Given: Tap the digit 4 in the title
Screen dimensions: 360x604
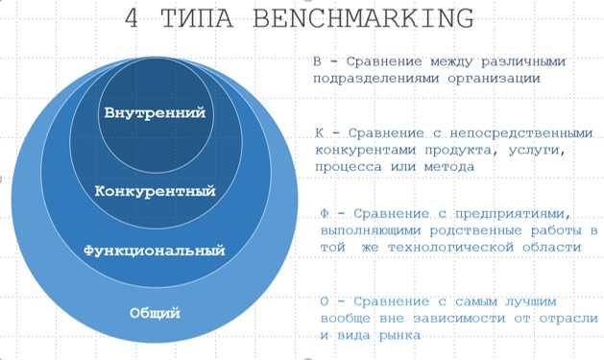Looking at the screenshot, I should (x=137, y=19).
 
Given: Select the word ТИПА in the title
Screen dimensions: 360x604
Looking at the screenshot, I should (x=199, y=19).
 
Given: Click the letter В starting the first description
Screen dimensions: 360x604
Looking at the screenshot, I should (x=319, y=62).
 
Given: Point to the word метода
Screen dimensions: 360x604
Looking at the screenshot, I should (x=448, y=168).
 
